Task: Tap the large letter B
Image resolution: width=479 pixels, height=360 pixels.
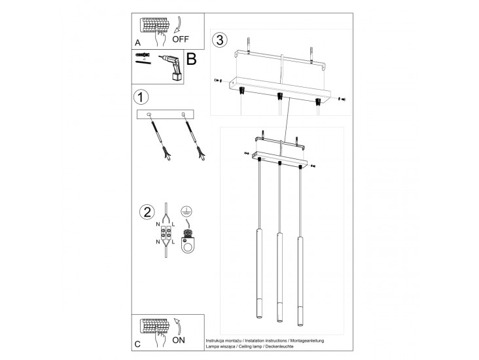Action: pos(192,60)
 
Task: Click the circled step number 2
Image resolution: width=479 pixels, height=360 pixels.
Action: pos(147,213)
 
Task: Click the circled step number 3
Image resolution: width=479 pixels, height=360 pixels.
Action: pos(220,40)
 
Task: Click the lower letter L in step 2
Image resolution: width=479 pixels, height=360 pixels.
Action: pos(173,242)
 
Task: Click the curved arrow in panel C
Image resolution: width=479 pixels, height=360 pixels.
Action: pos(176,326)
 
